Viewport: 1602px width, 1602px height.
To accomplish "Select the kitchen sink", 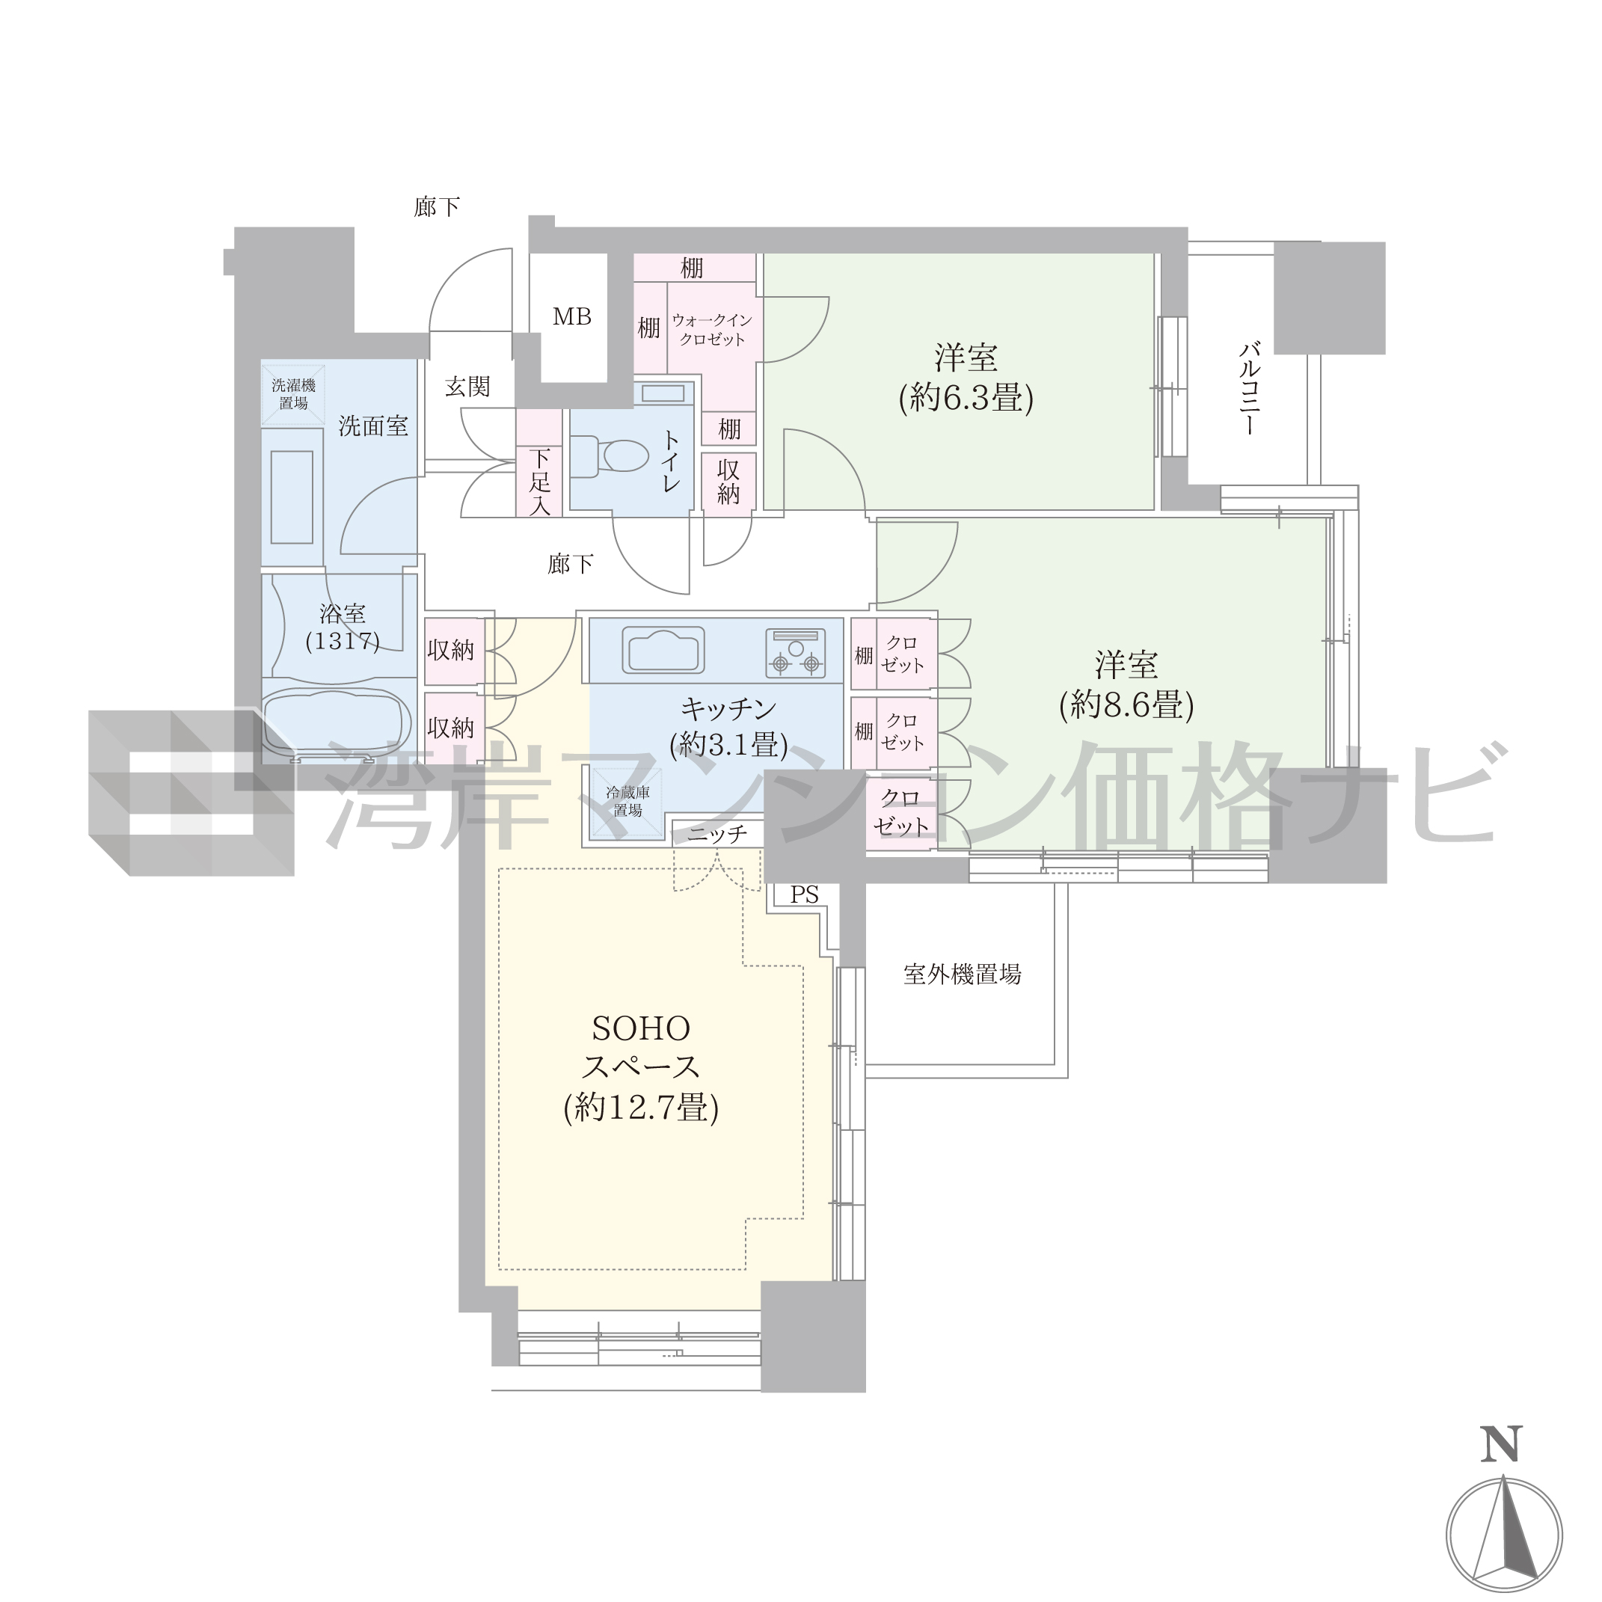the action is [x=663, y=649].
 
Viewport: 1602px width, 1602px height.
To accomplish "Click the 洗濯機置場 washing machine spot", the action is [x=293, y=394].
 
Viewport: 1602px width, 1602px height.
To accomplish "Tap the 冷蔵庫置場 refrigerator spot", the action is [x=627, y=802].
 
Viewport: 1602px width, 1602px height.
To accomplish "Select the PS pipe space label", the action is [x=804, y=894].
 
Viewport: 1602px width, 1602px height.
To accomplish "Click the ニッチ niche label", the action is [x=717, y=834].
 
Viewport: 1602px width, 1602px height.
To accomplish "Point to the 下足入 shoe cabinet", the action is [x=540, y=464].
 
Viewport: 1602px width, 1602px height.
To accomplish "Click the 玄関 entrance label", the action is [x=467, y=387].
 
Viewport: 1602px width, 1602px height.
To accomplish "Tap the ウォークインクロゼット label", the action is [x=712, y=329].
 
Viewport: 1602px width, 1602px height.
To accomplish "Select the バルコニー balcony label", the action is [x=1249, y=388].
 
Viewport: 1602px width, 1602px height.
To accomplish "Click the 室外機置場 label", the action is [x=962, y=974].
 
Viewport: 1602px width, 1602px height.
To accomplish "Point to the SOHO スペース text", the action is [x=641, y=1047].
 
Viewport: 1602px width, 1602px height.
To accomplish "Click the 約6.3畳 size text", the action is [x=966, y=399].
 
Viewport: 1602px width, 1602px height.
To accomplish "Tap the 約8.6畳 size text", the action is [x=1126, y=705].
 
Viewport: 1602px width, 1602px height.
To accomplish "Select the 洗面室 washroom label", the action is [x=373, y=426].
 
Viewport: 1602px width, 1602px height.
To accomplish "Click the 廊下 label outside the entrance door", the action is [x=437, y=206].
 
